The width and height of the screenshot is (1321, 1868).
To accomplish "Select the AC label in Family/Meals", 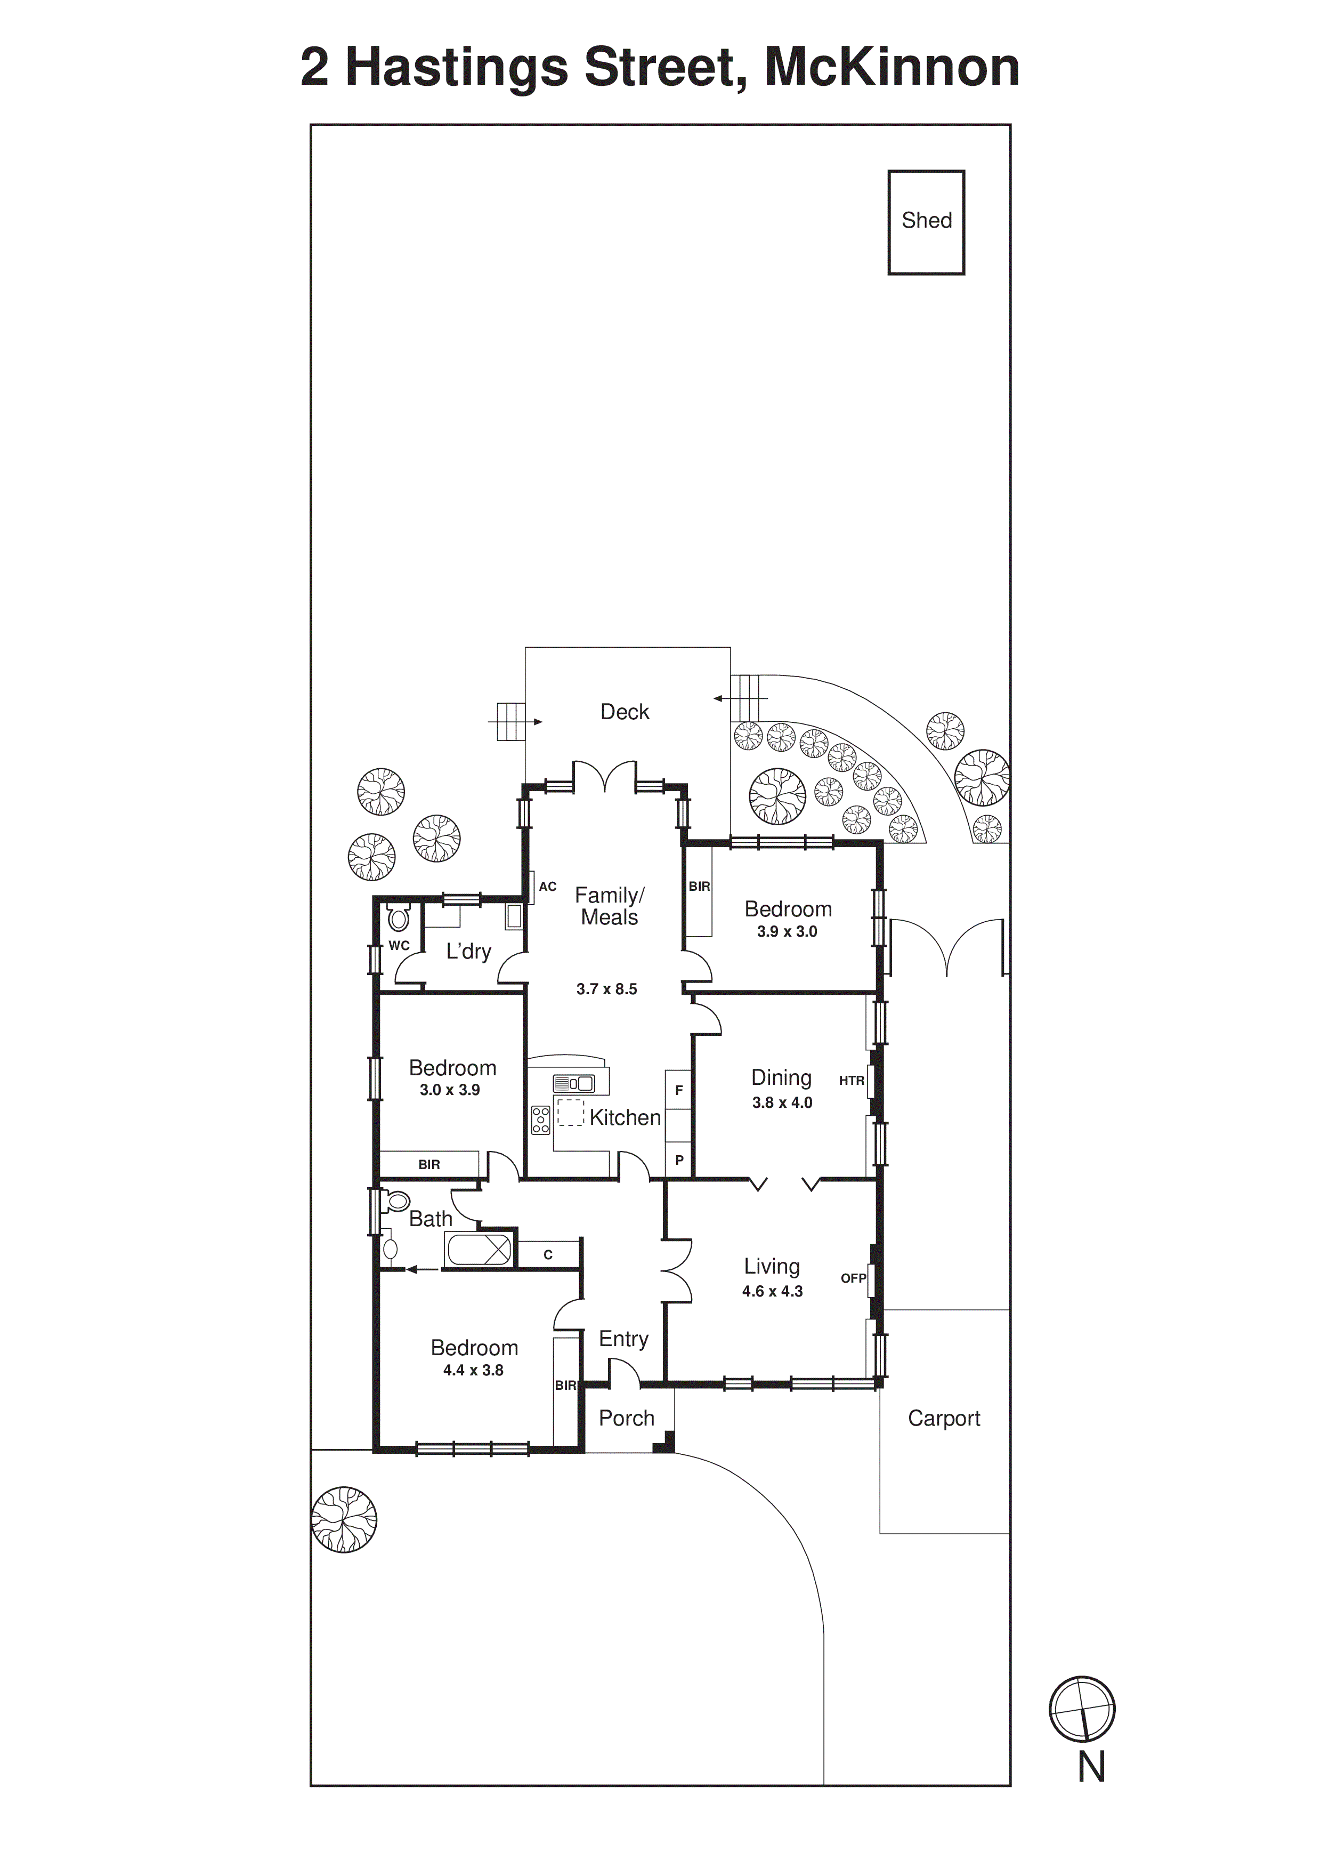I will click(x=547, y=886).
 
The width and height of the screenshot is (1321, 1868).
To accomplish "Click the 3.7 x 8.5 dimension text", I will click(x=607, y=989).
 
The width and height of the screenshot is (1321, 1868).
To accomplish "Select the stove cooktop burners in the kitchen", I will click(x=540, y=1120).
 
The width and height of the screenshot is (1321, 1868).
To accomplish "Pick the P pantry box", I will click(x=679, y=1160).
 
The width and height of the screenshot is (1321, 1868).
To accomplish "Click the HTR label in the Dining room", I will click(x=851, y=1081).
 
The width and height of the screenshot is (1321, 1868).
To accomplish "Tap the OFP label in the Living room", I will click(x=853, y=1278).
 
